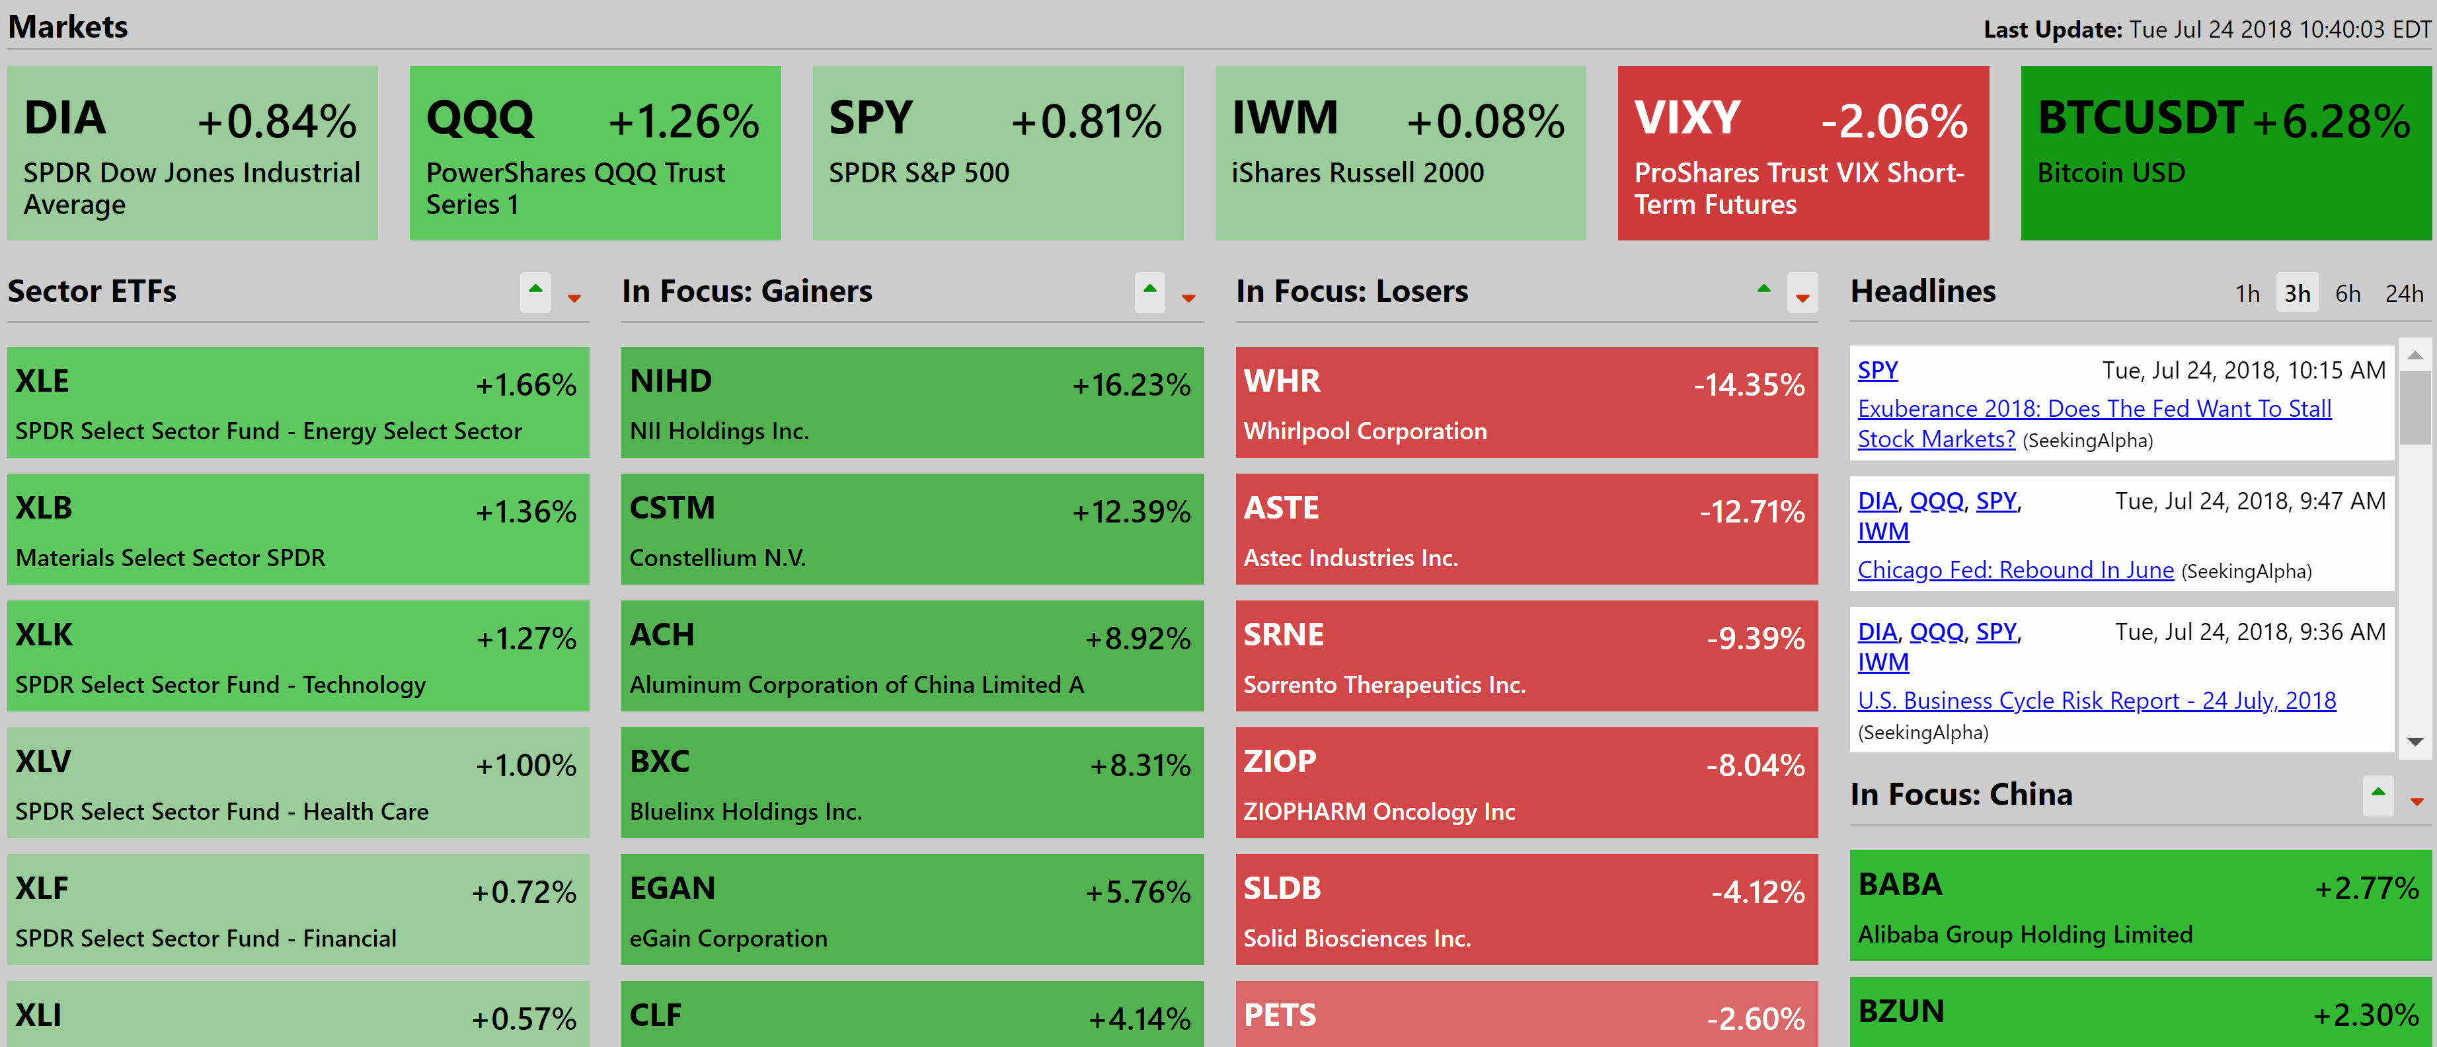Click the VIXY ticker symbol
click(x=1687, y=119)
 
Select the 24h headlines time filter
click(x=2403, y=294)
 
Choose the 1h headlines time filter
click(x=2247, y=294)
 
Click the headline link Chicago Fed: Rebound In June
click(x=2015, y=570)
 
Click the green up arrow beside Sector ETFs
click(x=535, y=291)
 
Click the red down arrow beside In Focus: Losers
click(x=1802, y=296)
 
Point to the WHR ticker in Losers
click(x=1281, y=381)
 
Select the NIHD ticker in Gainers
click(x=671, y=381)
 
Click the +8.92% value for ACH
click(x=1136, y=638)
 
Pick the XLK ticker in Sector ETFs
click(x=44, y=635)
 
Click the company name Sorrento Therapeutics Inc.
click(x=1383, y=685)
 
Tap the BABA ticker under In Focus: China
click(x=1900, y=885)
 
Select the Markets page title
click(x=68, y=26)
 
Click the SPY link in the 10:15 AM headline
click(x=1877, y=370)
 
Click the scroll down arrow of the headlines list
click(x=2415, y=742)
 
